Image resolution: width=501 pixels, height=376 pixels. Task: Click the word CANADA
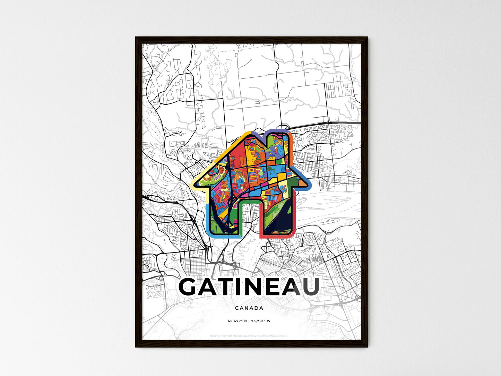[x=249, y=308]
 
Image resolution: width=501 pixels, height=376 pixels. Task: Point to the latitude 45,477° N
[x=237, y=321]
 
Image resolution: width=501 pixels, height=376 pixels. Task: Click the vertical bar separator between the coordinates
[x=249, y=321]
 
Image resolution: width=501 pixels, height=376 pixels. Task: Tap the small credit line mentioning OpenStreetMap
[x=249, y=336]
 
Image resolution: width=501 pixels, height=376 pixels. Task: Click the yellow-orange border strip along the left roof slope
[x=222, y=153]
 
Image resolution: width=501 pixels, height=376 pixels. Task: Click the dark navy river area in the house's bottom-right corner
[x=284, y=222]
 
